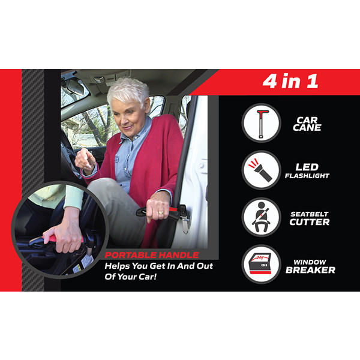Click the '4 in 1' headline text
pos(290,81)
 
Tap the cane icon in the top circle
pos(262,124)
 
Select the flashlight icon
pos(260,170)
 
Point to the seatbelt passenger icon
pos(262,217)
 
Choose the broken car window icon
pos(261,264)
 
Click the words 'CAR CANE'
pos(307,124)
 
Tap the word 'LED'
pos(307,167)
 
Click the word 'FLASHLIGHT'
pos(307,176)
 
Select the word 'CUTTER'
pos(309,222)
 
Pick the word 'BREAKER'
pos(310,270)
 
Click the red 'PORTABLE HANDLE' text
pos(152,255)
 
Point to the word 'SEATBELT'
pos(309,214)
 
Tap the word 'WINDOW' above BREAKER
pos(310,262)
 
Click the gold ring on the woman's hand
pos(161,213)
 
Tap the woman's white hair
pos(128,91)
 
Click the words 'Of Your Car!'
pos(130,277)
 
